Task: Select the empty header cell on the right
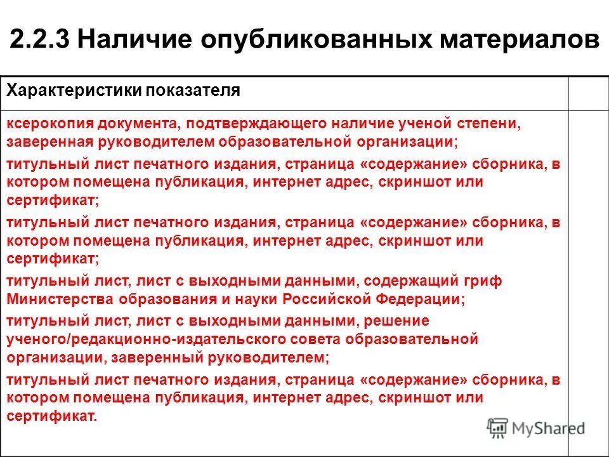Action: tap(587, 93)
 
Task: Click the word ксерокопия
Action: tap(44, 123)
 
